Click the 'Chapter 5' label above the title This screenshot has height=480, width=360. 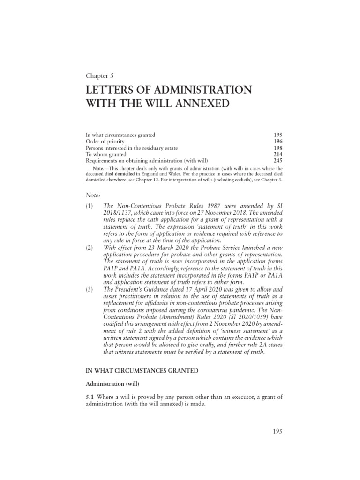click(99, 75)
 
